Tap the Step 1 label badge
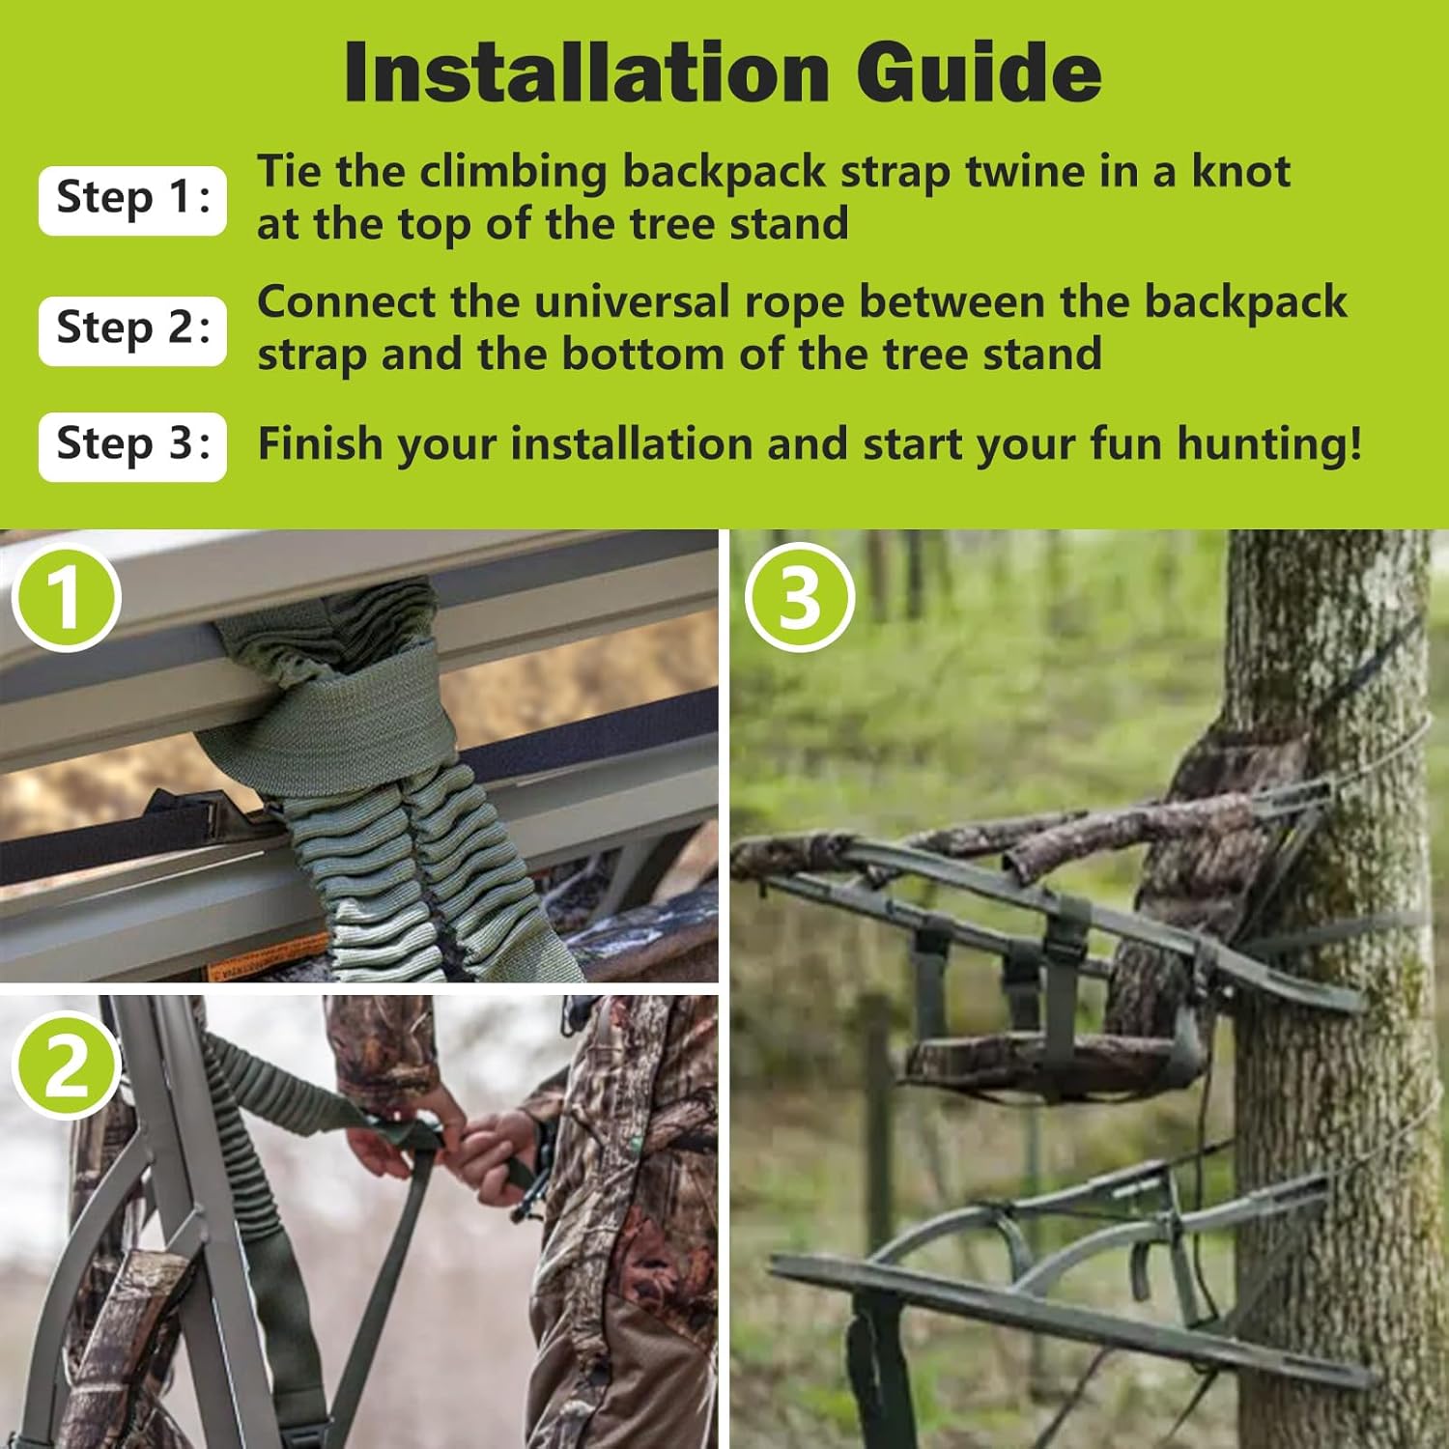pos(132,199)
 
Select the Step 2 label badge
pos(132,329)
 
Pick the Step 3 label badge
pos(132,445)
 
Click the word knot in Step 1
pos(1240,172)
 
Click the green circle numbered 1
pos(66,596)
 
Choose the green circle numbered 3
pos(800,596)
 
